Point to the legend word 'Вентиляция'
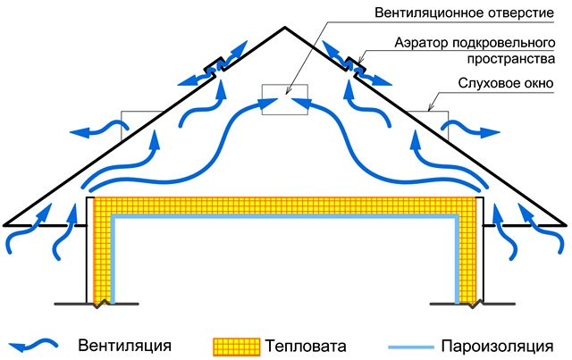point(124,344)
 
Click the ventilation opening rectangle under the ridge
point(283,100)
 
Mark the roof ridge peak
point(285,27)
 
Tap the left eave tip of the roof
point(5,224)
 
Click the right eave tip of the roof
point(566,224)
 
